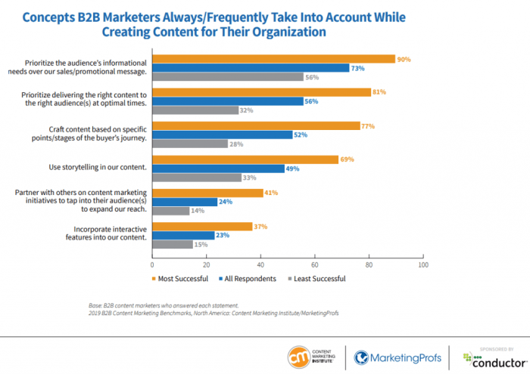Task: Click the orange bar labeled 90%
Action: [273, 59]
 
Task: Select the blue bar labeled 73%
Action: [251, 68]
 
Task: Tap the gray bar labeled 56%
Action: [228, 77]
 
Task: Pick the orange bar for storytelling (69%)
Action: [245, 160]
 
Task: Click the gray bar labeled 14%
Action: [171, 211]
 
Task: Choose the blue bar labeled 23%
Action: [183, 236]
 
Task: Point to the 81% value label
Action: [379, 92]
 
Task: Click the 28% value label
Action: [236, 144]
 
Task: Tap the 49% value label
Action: [292, 168]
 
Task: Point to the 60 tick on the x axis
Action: [315, 265]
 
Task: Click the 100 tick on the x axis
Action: [422, 265]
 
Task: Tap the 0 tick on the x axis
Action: [153, 265]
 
